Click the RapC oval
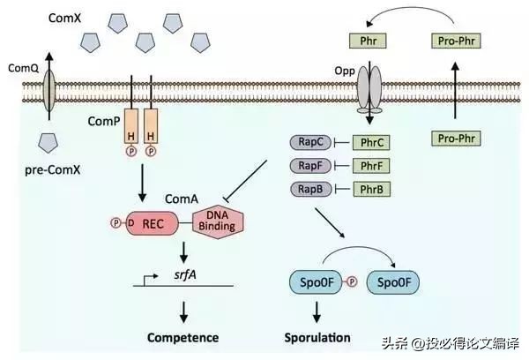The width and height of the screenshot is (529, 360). click(x=310, y=142)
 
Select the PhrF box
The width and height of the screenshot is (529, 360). click(x=371, y=166)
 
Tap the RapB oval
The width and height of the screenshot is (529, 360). click(x=310, y=189)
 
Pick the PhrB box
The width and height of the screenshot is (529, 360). click(x=371, y=189)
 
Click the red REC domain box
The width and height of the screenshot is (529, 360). click(x=153, y=223)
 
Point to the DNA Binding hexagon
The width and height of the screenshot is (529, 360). click(x=218, y=221)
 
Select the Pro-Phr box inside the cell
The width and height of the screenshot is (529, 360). click(x=456, y=139)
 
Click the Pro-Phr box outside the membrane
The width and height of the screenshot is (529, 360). click(x=456, y=41)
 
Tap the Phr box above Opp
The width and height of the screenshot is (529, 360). click(x=368, y=41)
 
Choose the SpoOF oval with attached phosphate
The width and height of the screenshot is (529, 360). click(x=316, y=282)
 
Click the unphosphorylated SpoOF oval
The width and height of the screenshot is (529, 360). click(x=393, y=282)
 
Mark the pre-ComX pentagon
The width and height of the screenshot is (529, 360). click(x=48, y=143)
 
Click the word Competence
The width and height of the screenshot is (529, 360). click(x=183, y=337)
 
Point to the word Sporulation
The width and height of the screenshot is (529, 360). click(x=317, y=337)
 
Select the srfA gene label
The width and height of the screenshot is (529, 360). click(x=185, y=274)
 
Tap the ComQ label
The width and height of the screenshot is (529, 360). click(x=23, y=68)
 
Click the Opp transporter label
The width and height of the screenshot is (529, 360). click(x=345, y=71)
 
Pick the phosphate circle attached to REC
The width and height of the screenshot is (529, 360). click(x=115, y=223)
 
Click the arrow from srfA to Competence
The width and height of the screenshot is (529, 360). click(x=183, y=312)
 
